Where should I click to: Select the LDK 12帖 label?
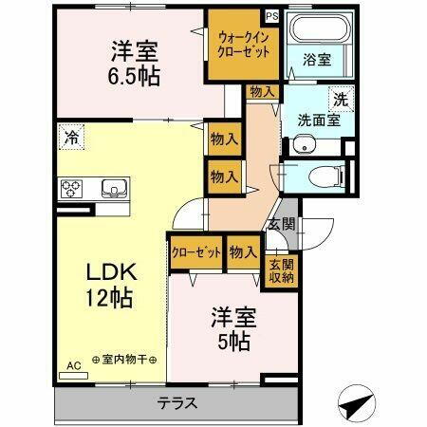click(x=115, y=284)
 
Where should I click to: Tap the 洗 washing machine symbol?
click(x=340, y=97)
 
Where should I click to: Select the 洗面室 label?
click(x=316, y=121)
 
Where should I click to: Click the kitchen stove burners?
click(x=72, y=188)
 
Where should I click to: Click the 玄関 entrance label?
click(x=281, y=225)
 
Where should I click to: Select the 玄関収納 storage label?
click(x=281, y=271)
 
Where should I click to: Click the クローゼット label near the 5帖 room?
click(x=196, y=252)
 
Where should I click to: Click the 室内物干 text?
click(x=125, y=362)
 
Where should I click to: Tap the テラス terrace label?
click(x=177, y=402)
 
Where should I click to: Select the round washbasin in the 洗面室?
click(x=302, y=145)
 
